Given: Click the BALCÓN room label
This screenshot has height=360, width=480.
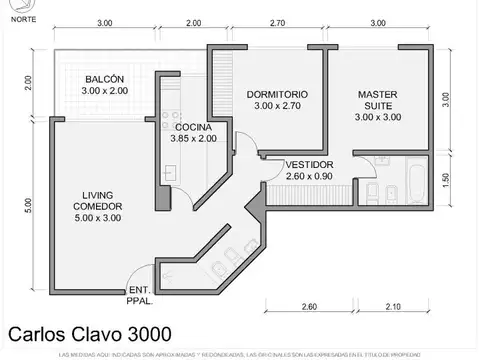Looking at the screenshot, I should coord(104,79).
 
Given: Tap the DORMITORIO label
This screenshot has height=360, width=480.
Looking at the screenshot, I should coord(277,94).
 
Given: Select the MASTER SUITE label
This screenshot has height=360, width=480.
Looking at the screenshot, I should coord(378,100).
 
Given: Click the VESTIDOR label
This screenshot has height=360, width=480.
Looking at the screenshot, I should coord(309,164).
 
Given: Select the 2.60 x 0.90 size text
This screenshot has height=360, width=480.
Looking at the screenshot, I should coord(309,176).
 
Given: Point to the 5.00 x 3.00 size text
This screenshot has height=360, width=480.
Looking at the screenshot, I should coord(97,218).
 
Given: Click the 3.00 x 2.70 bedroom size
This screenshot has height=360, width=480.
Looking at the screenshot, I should coord(277,106).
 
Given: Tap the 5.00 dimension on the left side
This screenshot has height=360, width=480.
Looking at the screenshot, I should coord(30,205).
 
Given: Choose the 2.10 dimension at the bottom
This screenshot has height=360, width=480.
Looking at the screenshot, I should coord(392,306).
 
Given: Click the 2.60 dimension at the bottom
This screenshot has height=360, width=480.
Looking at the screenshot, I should coord(308,306).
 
